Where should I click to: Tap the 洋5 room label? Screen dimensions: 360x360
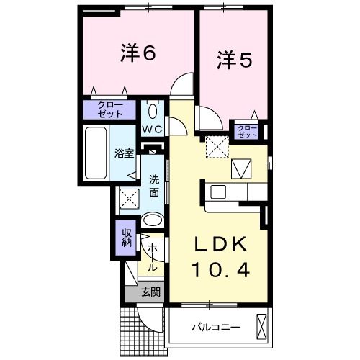point(233,62)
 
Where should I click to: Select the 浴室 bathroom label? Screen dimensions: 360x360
point(123,153)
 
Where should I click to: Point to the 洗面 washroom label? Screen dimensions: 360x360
point(155,186)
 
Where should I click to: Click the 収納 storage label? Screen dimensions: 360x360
point(125,238)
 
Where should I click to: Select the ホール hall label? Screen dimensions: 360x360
point(153,256)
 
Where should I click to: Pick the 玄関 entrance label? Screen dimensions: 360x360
point(149,292)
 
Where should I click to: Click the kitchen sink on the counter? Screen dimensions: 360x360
point(218,192)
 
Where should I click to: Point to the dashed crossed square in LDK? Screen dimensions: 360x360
point(216,146)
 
